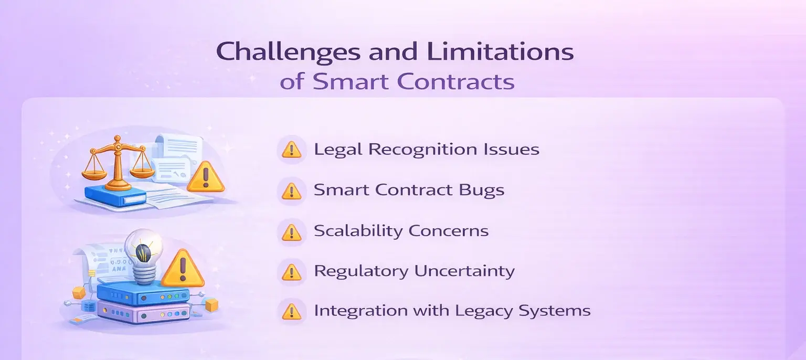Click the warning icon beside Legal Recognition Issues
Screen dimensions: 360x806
[x=291, y=150]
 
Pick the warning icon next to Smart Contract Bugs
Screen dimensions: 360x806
[x=291, y=191]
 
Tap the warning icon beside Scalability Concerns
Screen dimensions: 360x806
[x=291, y=231]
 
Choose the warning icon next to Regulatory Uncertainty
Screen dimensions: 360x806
[x=291, y=272]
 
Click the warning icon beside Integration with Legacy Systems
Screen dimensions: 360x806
[x=291, y=312]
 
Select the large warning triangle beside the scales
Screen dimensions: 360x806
[x=205, y=177]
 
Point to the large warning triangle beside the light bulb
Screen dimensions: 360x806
[x=182, y=269]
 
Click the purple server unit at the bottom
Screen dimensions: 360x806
[x=143, y=314]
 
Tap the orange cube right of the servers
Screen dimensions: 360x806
[x=211, y=305]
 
